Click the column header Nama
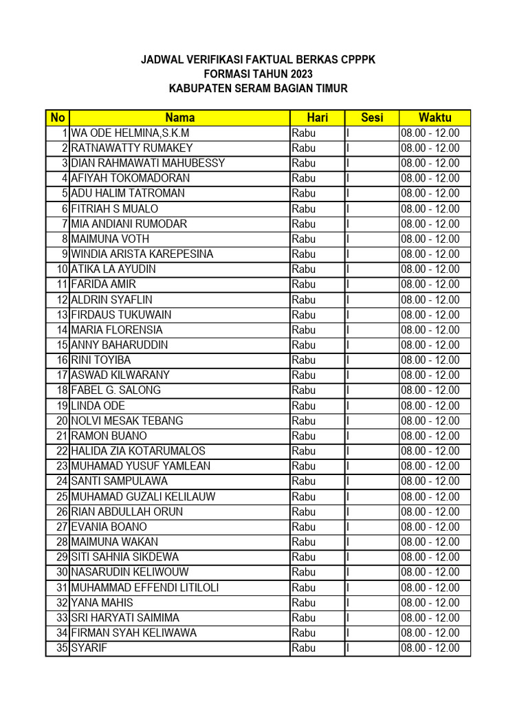[x=179, y=118]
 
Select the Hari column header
[x=317, y=118]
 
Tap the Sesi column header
[x=372, y=118]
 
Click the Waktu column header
[x=434, y=118]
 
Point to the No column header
[x=57, y=118]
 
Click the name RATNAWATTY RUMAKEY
[x=132, y=148]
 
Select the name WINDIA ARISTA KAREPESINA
[x=142, y=254]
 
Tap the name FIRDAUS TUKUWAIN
[x=122, y=315]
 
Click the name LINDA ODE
[x=98, y=406]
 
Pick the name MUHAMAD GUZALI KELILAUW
[x=144, y=496]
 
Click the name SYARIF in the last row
[x=89, y=648]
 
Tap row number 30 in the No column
[x=62, y=572]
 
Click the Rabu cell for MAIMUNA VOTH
[x=304, y=239]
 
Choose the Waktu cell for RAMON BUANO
[x=430, y=436]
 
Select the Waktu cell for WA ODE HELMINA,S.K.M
[x=430, y=133]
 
